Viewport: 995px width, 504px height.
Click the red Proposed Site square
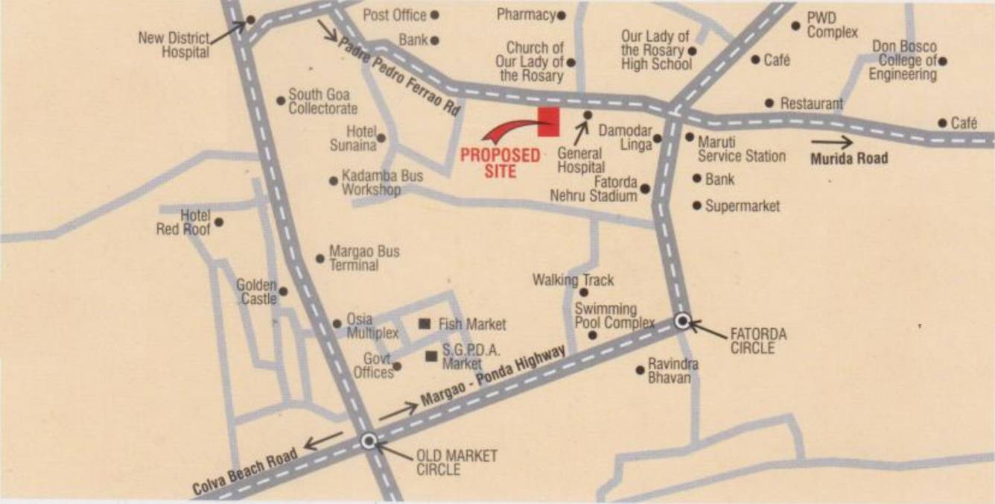coord(549,122)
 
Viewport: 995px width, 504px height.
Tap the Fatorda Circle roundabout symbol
coord(682,321)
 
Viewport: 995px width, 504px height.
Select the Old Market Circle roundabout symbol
coord(368,441)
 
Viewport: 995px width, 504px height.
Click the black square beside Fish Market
coord(425,324)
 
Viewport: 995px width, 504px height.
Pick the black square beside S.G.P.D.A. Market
coord(430,356)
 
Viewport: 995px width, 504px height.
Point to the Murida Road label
coord(849,158)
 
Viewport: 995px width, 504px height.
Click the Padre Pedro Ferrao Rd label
coord(400,75)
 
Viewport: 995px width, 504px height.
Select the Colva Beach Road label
coord(245,472)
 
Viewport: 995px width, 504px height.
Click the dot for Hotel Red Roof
coord(218,221)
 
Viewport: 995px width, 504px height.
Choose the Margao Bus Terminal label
coord(364,258)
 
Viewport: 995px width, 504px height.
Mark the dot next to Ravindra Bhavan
coord(639,370)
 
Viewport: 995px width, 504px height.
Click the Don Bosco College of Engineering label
coord(904,60)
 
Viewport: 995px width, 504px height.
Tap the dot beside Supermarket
coord(697,205)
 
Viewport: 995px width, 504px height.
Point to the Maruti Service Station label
coord(741,148)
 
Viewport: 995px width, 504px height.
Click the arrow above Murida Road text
coord(832,141)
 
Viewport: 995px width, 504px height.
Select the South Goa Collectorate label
coord(322,101)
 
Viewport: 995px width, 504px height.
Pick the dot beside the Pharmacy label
coord(561,15)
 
